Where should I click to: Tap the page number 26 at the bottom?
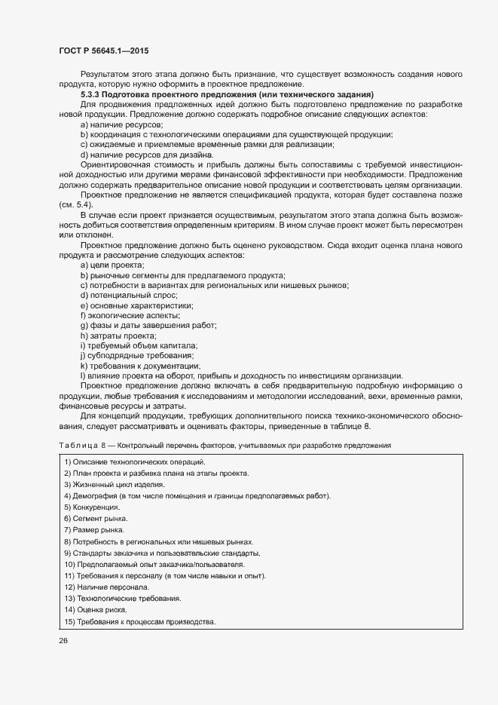tap(63, 642)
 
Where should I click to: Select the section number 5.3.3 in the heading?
tap(92, 93)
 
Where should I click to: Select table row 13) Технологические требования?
tap(123, 598)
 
